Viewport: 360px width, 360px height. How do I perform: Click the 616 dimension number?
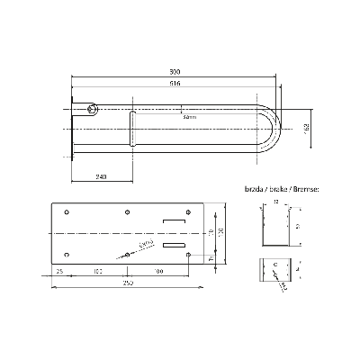point(174,83)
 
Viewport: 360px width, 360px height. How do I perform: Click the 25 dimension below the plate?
point(59,270)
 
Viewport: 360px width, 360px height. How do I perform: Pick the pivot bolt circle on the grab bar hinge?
point(93,110)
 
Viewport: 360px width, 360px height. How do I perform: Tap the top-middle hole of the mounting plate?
point(126,212)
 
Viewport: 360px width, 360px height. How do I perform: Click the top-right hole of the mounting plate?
point(187,212)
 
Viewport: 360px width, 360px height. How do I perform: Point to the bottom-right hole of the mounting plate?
point(187,255)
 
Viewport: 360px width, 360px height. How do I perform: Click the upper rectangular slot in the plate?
point(173,222)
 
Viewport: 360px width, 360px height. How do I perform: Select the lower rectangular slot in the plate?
point(173,244)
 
